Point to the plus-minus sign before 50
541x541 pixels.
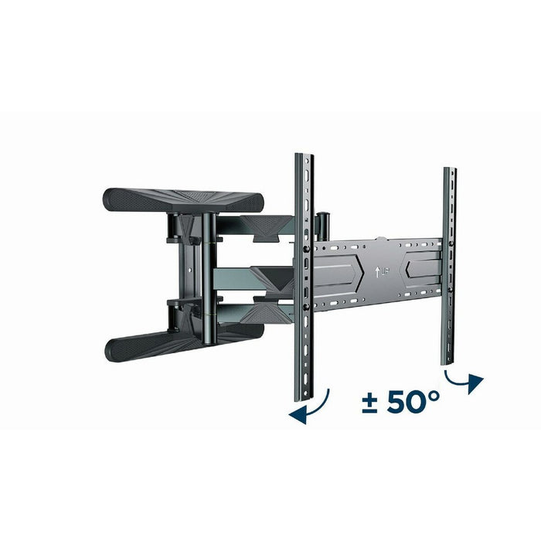pos(369,402)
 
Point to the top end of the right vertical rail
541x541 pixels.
pos(450,170)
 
